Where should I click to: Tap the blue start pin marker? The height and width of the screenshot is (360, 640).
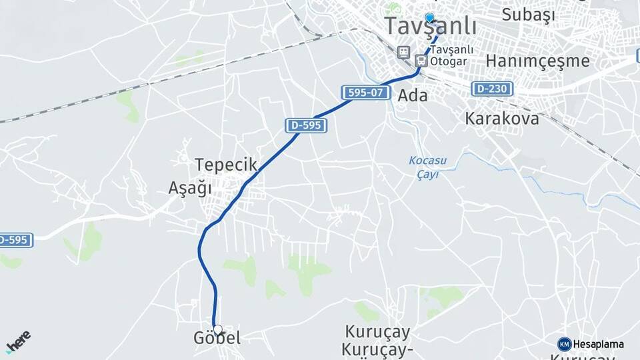click(429, 18)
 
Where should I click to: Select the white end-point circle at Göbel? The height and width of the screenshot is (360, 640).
click(217, 329)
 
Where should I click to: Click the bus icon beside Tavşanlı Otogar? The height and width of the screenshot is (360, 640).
click(421, 61)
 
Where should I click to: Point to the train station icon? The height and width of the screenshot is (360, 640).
click(403, 52)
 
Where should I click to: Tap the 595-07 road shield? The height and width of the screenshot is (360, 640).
click(366, 93)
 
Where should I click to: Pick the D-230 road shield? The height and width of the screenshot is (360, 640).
click(492, 88)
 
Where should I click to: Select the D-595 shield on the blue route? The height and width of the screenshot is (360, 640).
click(306, 125)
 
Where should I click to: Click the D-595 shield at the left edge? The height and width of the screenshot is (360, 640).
click(15, 239)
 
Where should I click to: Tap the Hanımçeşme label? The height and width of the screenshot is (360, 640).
click(537, 61)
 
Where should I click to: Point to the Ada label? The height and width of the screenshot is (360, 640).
click(412, 95)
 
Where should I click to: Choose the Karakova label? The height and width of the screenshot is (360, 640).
click(502, 119)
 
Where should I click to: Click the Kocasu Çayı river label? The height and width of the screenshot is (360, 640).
click(427, 167)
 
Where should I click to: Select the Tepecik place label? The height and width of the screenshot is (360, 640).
click(225, 165)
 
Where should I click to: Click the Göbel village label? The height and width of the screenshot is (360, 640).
click(217, 339)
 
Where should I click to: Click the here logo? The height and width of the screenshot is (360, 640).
click(18, 342)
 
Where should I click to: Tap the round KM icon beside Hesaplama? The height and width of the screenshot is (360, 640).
click(565, 344)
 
